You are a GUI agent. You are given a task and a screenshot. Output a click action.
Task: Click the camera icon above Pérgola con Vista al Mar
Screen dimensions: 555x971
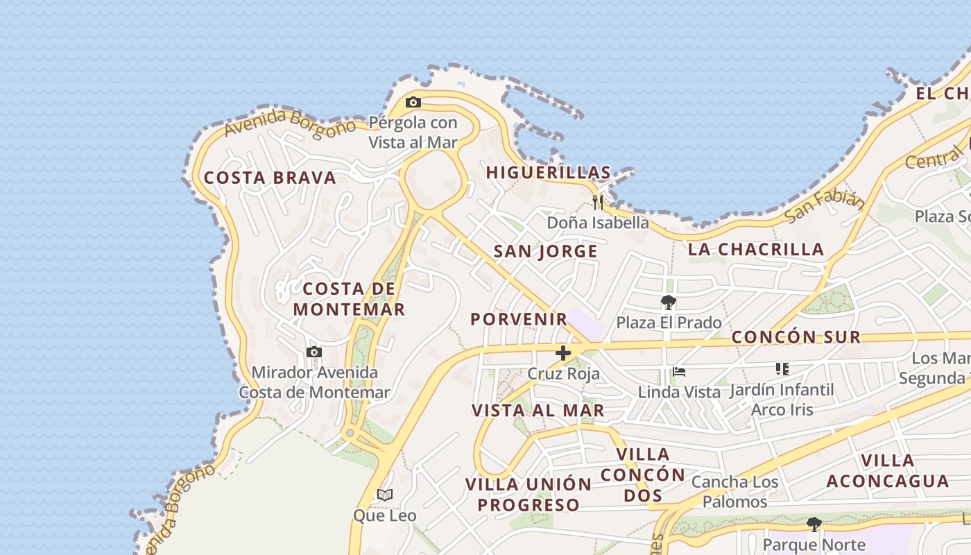pos(413,103)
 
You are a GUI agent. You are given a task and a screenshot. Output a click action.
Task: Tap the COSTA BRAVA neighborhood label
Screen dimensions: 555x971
pos(270,178)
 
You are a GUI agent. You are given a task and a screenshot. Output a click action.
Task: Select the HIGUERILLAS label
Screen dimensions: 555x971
pos(548,173)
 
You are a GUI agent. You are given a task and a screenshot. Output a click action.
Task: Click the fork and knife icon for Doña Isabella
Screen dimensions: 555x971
pos(598,203)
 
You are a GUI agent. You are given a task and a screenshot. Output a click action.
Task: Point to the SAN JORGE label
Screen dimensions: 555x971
pos(545,252)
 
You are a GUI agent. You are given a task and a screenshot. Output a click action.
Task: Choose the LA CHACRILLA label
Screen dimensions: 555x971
pos(756,250)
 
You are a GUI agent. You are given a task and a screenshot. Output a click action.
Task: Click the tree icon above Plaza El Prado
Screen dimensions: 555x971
pos(669,302)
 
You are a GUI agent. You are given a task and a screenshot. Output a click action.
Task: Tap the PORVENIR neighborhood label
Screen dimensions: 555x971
pos(519,319)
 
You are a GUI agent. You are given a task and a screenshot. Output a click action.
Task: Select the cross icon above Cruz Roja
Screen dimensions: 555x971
pos(563,353)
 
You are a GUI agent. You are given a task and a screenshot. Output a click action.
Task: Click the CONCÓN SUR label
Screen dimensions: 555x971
pos(796,337)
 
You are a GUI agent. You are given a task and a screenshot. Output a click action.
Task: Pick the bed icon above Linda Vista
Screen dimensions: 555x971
pos(679,373)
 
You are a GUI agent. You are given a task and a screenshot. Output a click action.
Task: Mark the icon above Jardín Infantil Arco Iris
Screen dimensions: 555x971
pos(782,369)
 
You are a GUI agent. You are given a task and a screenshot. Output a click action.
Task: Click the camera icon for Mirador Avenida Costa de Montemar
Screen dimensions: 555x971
pos(314,352)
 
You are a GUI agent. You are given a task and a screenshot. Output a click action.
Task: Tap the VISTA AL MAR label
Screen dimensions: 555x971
pos(538,410)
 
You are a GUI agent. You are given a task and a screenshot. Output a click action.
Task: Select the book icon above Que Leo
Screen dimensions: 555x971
pos(385,495)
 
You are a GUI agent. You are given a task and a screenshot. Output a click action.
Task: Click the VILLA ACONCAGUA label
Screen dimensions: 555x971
pos(888,470)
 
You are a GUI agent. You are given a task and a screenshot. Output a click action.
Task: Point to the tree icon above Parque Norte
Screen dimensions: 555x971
pos(814,524)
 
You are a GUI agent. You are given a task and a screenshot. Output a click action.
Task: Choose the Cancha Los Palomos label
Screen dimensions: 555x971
pos(734,491)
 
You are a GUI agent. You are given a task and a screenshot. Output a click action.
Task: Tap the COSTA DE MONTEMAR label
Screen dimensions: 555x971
pos(349,299)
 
